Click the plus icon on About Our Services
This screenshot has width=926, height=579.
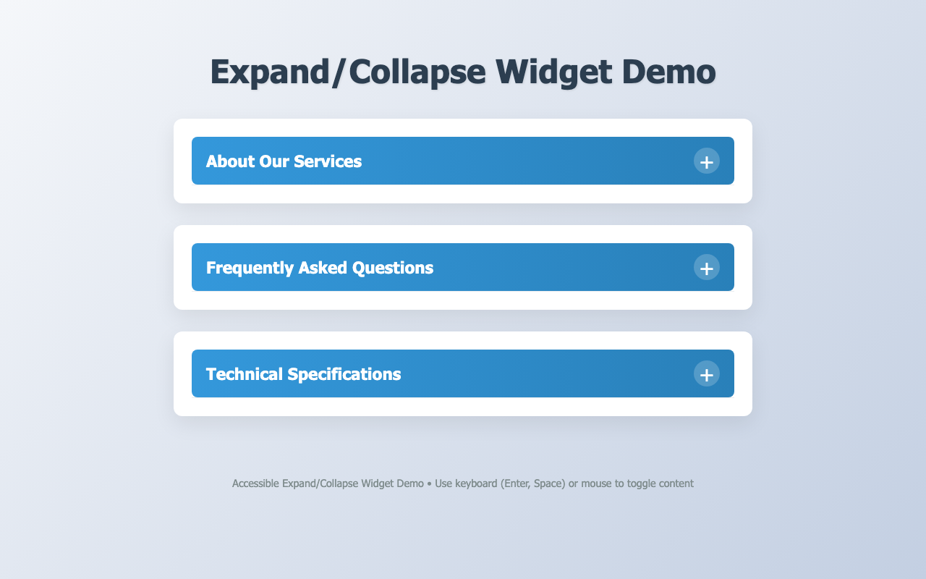click(707, 161)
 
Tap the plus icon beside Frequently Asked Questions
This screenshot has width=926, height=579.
click(707, 267)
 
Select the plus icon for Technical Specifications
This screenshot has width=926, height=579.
click(707, 373)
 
